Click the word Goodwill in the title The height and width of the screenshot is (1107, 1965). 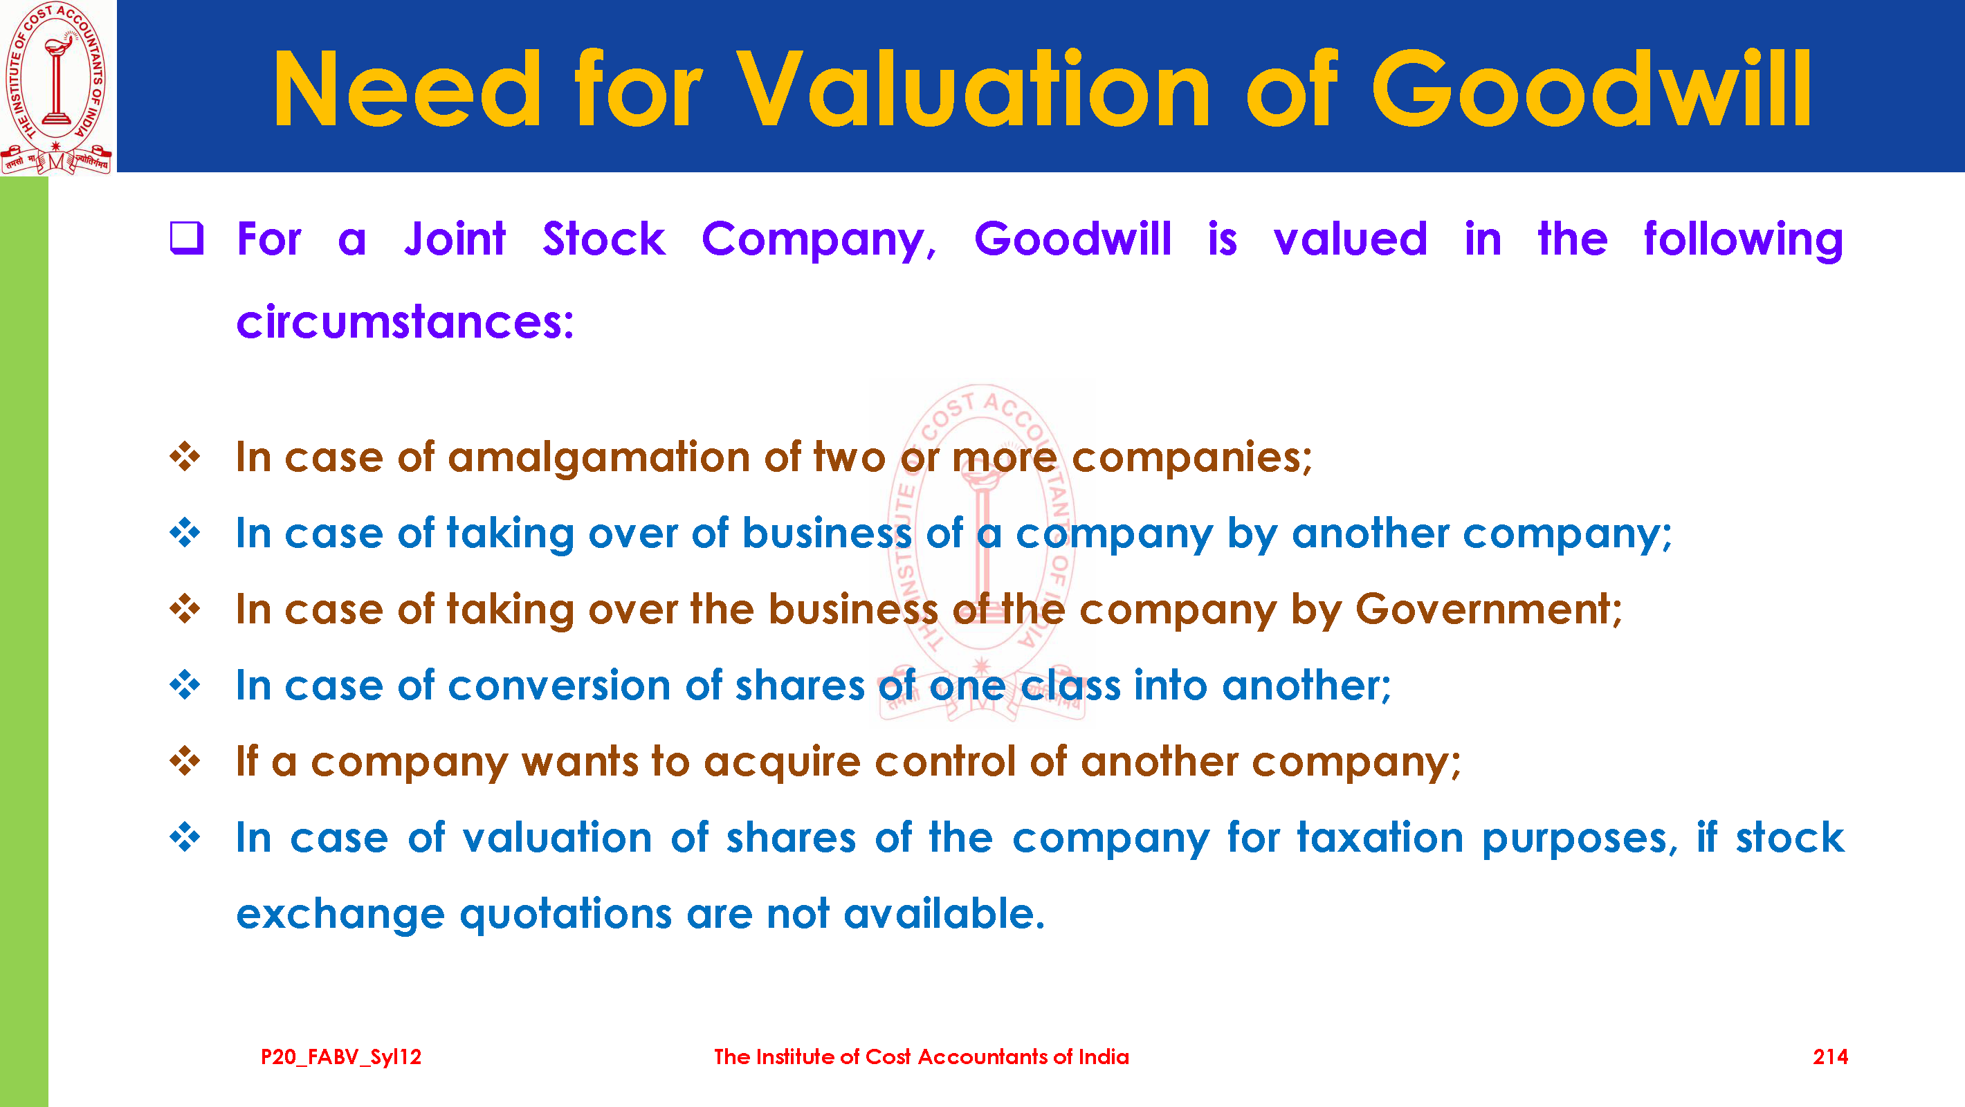click(1591, 89)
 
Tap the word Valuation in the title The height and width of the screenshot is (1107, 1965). click(974, 89)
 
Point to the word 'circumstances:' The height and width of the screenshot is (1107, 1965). click(405, 321)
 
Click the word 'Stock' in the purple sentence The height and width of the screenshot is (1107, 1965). click(604, 239)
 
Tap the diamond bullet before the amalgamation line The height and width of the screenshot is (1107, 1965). click(185, 457)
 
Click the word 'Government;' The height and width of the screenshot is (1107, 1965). click(1489, 609)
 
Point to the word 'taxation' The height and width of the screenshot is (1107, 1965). click(1380, 837)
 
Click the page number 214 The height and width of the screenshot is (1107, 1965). click(1830, 1056)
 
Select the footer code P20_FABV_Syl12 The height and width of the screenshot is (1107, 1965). click(341, 1057)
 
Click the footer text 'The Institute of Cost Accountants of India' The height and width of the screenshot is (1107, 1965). click(922, 1056)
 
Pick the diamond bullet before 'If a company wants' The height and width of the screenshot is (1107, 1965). click(185, 760)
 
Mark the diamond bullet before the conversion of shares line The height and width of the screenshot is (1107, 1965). click(185, 684)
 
